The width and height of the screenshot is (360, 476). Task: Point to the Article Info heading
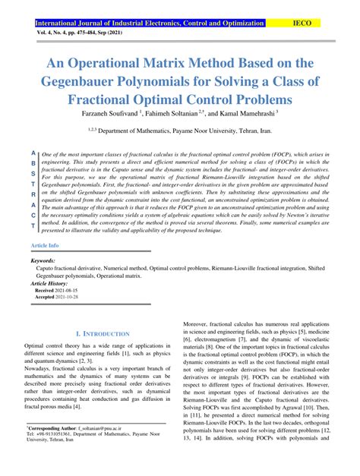click(44, 247)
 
